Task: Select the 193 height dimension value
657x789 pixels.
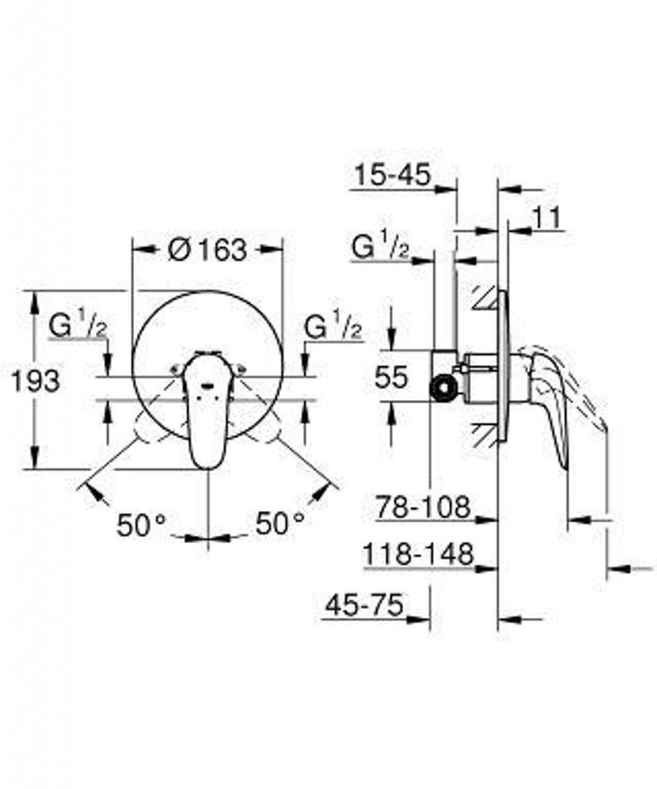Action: point(35,381)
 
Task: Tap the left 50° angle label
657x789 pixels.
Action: point(142,525)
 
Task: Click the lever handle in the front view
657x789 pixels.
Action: point(206,408)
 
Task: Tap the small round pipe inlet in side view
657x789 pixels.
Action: point(443,389)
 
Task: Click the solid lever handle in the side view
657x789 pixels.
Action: point(546,398)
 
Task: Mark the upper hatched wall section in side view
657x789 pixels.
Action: point(485,298)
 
